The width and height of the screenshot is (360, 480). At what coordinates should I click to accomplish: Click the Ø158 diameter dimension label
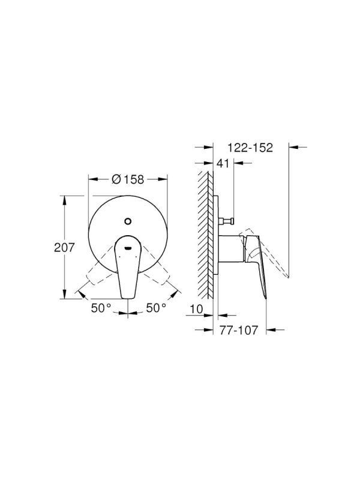click(x=127, y=179)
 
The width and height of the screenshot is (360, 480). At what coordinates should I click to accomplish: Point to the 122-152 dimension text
click(x=250, y=146)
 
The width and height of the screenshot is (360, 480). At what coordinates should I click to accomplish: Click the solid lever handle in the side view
click(x=258, y=264)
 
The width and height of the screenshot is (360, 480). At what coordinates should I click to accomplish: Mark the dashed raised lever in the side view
click(x=270, y=252)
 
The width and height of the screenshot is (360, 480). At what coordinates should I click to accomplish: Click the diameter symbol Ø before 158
click(x=116, y=179)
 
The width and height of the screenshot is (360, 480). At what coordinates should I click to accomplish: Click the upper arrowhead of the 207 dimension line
click(x=64, y=199)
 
